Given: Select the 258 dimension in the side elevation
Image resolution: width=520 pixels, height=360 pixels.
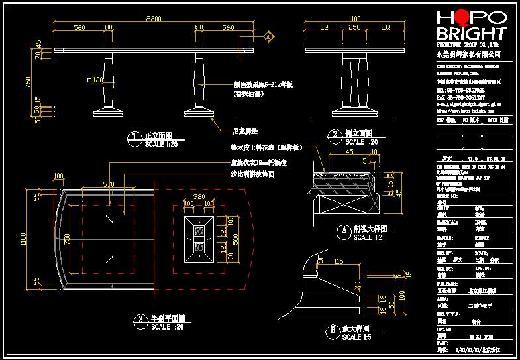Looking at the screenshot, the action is (354, 28).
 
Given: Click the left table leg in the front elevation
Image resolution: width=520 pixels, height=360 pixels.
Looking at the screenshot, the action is (108, 83).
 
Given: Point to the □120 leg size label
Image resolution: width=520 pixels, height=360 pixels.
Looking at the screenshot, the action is (96, 80).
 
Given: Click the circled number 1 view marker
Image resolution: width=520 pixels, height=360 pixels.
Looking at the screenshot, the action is (134, 137).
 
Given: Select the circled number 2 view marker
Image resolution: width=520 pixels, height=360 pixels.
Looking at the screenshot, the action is (336, 137).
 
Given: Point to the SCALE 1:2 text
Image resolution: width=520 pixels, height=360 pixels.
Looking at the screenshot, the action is (372, 237).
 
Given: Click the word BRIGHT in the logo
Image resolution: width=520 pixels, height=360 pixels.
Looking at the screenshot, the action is (471, 34).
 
